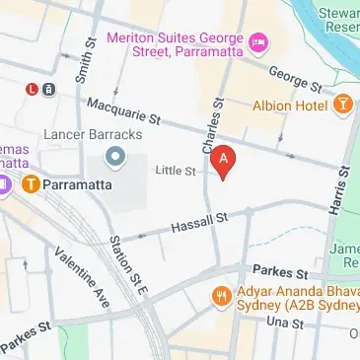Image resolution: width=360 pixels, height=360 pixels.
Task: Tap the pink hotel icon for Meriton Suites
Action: coord(257,40)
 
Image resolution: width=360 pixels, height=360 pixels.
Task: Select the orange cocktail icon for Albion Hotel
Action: coord(343,105)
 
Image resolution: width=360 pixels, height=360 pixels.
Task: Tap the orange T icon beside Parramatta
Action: coord(31,182)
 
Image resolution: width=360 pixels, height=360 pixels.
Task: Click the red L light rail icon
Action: coord(33,89)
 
